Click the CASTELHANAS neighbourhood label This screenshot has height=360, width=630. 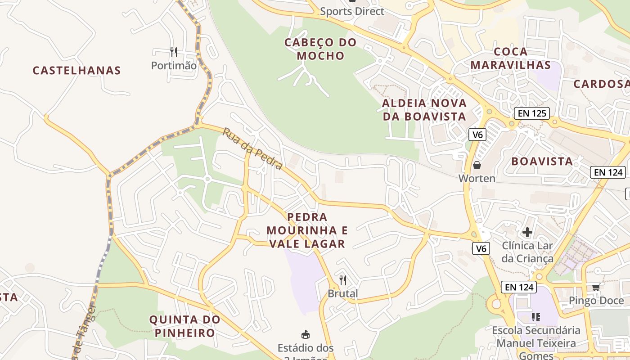pos(77,71)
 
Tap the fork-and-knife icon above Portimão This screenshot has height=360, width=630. pos(174,52)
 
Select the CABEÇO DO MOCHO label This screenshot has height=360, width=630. pos(320,49)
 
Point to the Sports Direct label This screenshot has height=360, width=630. pos(352,12)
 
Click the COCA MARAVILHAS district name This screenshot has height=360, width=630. pos(511,58)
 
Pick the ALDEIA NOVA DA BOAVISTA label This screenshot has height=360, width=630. pos(424,110)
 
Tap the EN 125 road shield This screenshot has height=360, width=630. pos(532,113)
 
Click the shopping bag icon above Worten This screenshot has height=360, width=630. pos(477,166)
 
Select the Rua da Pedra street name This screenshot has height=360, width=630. pos(252,149)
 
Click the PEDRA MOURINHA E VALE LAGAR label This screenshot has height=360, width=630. pos(307,230)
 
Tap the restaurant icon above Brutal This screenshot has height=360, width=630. pos(343,280)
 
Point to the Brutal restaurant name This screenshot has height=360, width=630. pos(343,294)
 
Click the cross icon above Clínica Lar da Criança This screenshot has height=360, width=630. pos(527,233)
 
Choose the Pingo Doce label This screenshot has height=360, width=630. pos(596,301)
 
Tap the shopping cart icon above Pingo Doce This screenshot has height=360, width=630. pos(596,287)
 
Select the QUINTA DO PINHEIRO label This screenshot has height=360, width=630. pos(185,326)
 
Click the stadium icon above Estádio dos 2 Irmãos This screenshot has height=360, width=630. pos(306,334)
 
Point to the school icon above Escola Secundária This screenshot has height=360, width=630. pos(535,317)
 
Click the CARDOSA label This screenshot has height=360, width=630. pos(601,84)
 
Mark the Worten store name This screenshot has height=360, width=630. pos(477,179)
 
